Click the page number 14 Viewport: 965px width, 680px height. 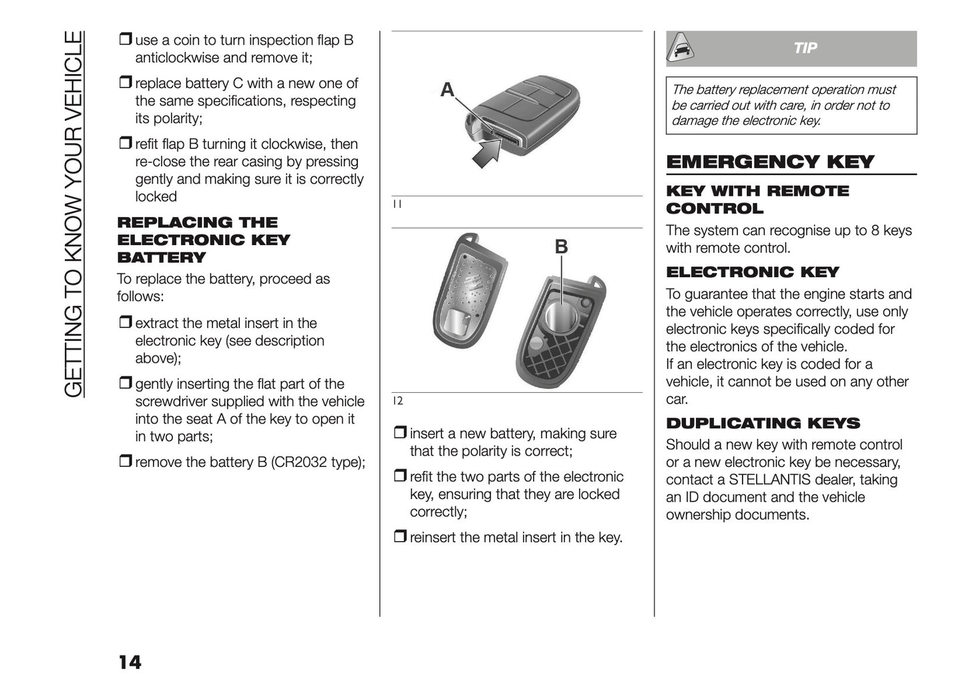coord(130,662)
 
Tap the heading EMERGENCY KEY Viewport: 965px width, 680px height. coord(769,162)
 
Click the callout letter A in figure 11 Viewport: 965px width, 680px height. coord(447,90)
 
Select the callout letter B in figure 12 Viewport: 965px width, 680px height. coord(561,246)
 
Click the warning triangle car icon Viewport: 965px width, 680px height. coord(682,48)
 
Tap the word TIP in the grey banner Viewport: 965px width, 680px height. coord(805,48)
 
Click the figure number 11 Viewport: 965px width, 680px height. coord(397,204)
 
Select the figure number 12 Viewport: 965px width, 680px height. coord(397,401)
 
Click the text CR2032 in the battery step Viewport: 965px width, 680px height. coord(299,462)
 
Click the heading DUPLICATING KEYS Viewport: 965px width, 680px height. coord(763,423)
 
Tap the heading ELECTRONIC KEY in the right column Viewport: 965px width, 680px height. coord(752,273)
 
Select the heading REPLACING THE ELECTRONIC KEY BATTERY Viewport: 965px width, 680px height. coord(204,240)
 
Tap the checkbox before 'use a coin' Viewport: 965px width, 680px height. coord(125,40)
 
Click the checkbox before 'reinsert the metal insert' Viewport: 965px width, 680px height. coord(399,537)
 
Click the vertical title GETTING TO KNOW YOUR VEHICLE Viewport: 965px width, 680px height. coord(75,214)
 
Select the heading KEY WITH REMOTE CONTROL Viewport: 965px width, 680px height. coord(757,200)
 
